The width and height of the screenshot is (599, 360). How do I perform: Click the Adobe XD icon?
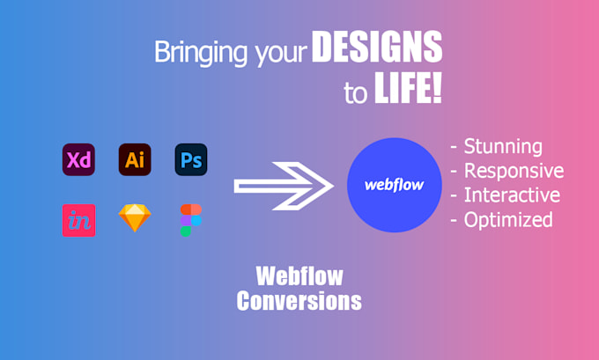78,159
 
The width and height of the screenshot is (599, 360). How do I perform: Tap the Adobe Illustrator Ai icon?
135,159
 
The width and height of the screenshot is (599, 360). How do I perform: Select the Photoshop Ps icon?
190,159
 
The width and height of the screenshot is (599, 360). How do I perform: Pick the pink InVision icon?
78,219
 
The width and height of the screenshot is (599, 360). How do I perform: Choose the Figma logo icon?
190,219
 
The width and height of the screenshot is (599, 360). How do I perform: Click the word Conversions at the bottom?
299,301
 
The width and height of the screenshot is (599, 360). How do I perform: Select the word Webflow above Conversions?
299,276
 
